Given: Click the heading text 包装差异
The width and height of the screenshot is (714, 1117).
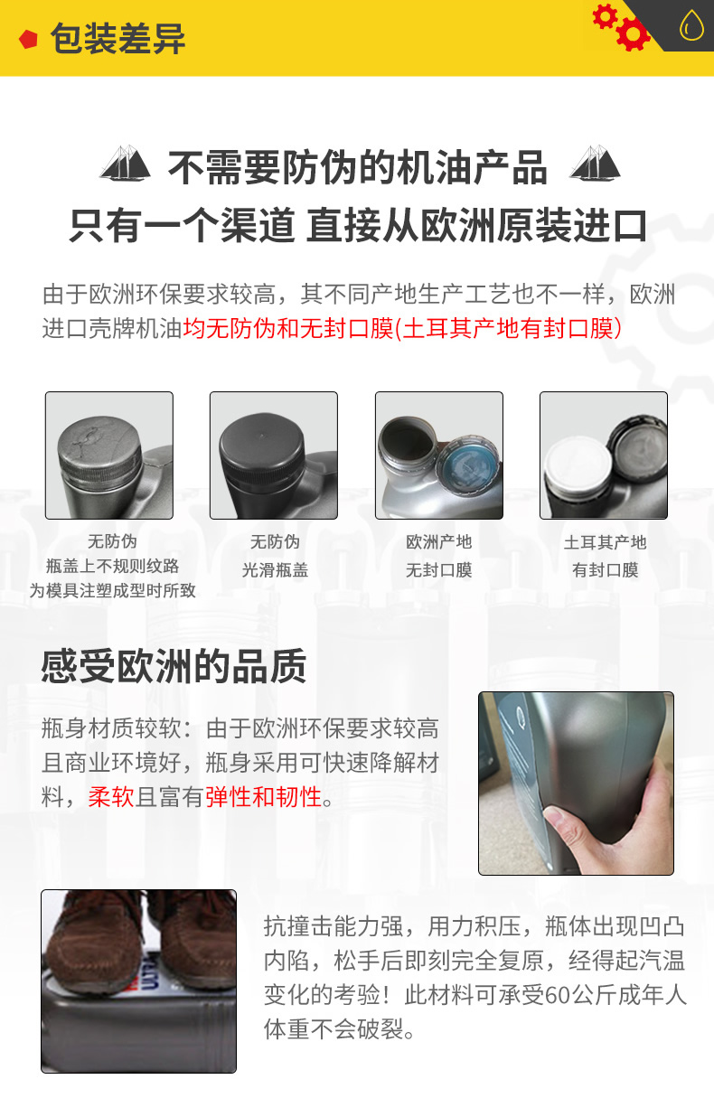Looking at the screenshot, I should click(x=117, y=39).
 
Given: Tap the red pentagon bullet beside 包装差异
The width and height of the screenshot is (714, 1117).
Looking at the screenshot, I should click(x=29, y=40).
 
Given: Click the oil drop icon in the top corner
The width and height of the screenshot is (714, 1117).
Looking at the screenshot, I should click(x=691, y=25).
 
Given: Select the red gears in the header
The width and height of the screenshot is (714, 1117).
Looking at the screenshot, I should click(x=622, y=26).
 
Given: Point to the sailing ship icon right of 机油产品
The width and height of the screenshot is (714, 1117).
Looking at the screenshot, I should click(x=594, y=164).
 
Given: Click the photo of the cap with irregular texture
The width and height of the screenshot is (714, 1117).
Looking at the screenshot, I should click(x=108, y=455).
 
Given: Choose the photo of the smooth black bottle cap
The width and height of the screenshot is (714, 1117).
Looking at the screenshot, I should click(x=273, y=455).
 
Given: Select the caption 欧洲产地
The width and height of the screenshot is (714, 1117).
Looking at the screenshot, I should click(x=438, y=542).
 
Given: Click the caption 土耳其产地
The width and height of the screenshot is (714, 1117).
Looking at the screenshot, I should click(x=605, y=542).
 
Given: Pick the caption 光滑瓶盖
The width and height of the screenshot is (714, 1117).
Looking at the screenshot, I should click(x=275, y=570).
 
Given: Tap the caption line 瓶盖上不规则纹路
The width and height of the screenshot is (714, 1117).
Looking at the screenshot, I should click(x=112, y=567).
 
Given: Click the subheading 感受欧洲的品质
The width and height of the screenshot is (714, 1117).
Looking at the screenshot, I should click(x=174, y=667).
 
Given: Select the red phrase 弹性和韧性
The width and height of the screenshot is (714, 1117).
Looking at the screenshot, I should click(x=264, y=797).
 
